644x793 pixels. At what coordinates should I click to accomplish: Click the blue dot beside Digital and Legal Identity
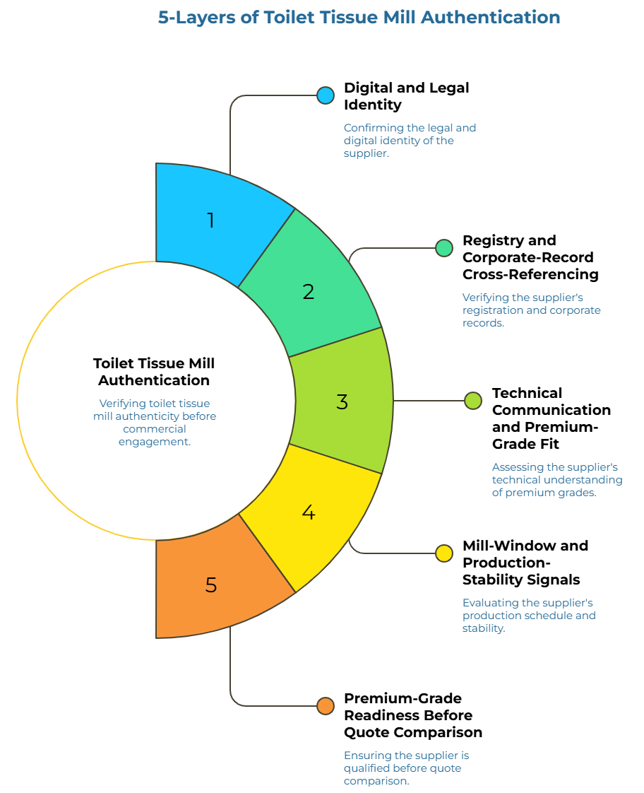tap(326, 95)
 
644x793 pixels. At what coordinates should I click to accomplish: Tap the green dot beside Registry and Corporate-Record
tap(444, 248)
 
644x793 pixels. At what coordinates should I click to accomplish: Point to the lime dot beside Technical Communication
tap(473, 401)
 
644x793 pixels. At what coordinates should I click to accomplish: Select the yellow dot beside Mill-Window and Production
tap(444, 553)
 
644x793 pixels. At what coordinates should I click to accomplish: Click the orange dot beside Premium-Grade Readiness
tap(326, 706)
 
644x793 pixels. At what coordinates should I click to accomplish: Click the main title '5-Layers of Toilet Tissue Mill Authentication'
tap(359, 17)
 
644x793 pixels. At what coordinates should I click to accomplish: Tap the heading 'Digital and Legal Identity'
tap(407, 96)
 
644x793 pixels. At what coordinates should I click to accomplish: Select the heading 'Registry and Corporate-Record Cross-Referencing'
tap(530, 257)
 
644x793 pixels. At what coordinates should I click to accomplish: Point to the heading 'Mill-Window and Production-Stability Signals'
tap(525, 563)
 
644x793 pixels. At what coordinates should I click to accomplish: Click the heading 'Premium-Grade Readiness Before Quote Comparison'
tap(412, 715)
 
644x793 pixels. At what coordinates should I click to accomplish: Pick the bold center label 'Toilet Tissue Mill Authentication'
tap(154, 372)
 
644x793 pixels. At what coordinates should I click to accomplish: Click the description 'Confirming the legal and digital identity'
tap(410, 141)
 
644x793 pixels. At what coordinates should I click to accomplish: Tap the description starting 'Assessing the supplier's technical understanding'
tap(557, 479)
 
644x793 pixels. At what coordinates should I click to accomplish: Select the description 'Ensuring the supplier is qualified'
tap(406, 768)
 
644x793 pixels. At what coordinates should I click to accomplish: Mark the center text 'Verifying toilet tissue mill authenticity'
tap(155, 422)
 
